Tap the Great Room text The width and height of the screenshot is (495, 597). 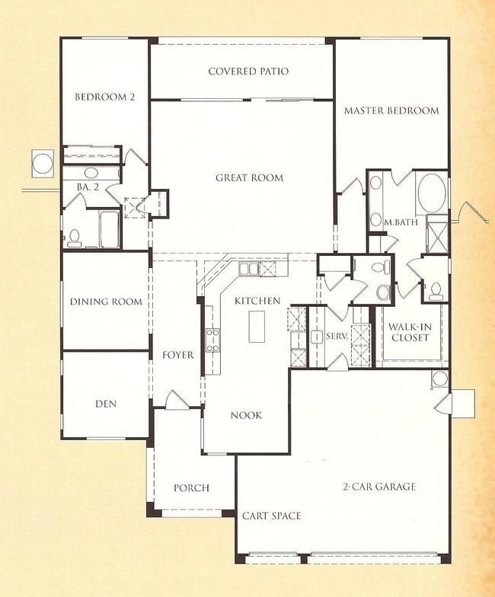(249, 178)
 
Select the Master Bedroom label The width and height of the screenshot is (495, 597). (391, 110)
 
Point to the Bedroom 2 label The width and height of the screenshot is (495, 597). (103, 97)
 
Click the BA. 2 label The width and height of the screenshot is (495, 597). (83, 186)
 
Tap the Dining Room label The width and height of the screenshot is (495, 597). (106, 302)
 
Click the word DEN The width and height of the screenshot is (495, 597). (106, 404)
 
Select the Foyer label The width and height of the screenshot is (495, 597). (177, 355)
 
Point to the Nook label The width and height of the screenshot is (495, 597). (246, 416)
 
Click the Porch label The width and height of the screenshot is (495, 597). (191, 488)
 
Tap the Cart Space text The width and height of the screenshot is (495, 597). (271, 516)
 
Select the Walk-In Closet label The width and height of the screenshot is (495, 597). (410, 333)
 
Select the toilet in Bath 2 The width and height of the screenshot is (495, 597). (75, 238)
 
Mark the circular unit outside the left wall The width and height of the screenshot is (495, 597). (41, 161)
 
